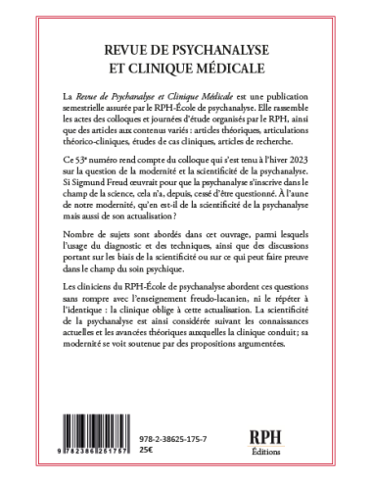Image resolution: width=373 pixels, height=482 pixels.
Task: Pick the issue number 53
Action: click(84, 185)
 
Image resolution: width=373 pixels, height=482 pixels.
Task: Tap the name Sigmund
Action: click(98, 211)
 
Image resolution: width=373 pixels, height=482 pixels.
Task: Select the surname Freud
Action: click(134, 211)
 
